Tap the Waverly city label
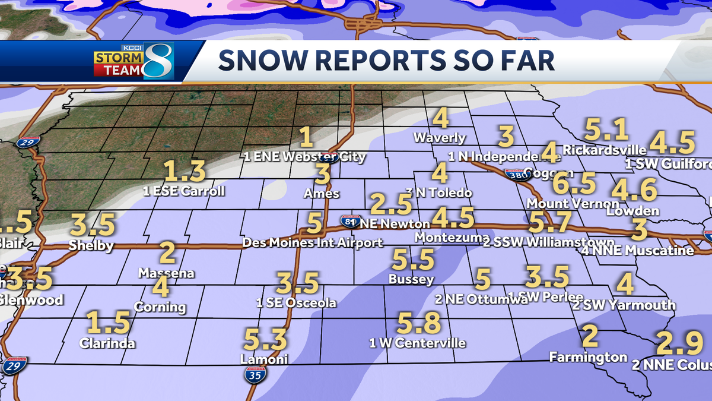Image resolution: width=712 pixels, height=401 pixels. [x=440, y=137]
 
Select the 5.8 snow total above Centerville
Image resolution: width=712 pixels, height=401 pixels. [x=419, y=324]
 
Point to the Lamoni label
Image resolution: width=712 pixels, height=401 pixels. [x=264, y=359]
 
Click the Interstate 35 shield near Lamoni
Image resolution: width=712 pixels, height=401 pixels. [x=255, y=373]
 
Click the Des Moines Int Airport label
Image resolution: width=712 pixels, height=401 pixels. [x=313, y=242]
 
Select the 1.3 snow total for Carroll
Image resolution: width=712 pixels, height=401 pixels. [x=185, y=172]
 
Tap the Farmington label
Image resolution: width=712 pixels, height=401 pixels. [x=588, y=357]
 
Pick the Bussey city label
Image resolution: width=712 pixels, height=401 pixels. [x=411, y=279]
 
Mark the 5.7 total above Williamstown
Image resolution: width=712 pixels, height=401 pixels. [x=550, y=223]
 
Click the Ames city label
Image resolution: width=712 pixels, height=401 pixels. [x=322, y=193]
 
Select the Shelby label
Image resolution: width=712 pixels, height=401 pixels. [x=91, y=245]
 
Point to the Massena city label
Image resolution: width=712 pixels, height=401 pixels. [x=167, y=273]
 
